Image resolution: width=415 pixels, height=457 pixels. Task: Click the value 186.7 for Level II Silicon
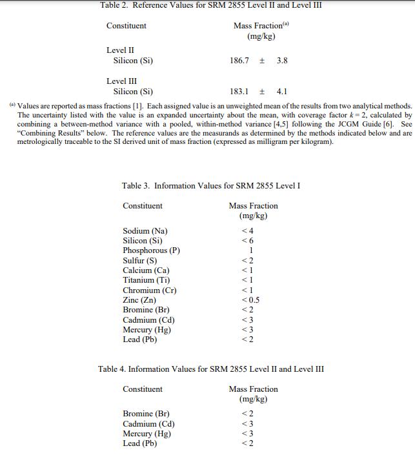coord(239,61)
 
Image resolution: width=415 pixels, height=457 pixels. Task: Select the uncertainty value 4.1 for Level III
coord(281,92)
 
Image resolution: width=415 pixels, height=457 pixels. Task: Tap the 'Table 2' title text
coord(211,5)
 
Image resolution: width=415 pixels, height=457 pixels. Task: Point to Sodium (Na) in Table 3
coord(145,231)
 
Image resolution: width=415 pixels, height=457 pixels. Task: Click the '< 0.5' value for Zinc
coord(250,300)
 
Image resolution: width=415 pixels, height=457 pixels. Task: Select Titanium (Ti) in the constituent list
coord(147,280)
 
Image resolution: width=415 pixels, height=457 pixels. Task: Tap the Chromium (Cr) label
coord(150,290)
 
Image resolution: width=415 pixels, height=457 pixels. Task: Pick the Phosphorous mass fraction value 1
coord(250,250)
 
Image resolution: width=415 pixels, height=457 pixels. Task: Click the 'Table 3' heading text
coord(210,186)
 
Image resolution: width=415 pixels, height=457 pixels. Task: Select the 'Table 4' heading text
coord(211,369)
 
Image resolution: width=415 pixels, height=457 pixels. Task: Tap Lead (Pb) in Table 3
coord(140,340)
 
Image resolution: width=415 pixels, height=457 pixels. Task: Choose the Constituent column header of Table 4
coord(143,389)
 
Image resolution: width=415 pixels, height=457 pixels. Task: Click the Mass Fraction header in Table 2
coord(260,26)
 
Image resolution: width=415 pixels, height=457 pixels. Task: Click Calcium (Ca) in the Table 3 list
coord(146,270)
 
